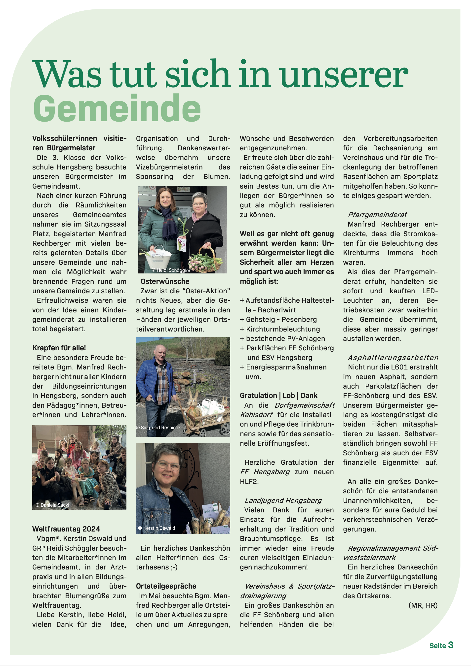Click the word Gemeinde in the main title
[x=117, y=109]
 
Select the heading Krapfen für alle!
[x=59, y=348]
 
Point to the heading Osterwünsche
[x=165, y=281]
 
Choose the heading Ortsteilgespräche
[x=166, y=586]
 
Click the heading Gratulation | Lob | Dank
[x=278, y=395]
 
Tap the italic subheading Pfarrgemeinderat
[x=377, y=215]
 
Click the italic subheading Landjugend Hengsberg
[x=283, y=500]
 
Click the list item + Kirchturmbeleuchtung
[x=280, y=329]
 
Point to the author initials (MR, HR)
[x=423, y=605]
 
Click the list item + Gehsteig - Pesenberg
[x=278, y=319]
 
